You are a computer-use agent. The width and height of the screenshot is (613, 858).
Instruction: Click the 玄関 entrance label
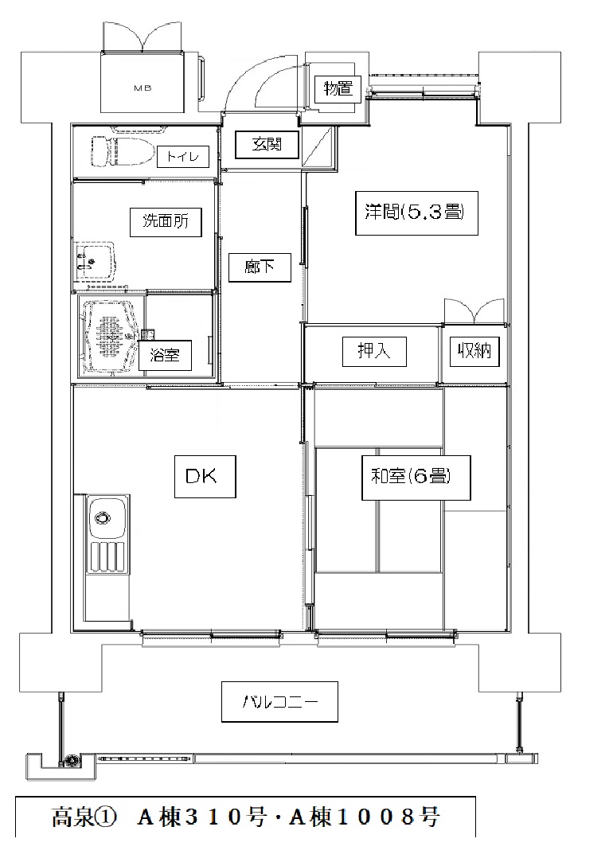[267, 145]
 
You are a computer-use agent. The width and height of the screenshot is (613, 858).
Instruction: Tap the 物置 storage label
[338, 88]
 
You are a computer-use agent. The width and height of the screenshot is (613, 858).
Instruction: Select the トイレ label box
[183, 157]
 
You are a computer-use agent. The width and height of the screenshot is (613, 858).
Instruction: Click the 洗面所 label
[166, 221]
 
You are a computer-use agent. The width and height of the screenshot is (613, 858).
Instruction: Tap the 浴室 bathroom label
[164, 355]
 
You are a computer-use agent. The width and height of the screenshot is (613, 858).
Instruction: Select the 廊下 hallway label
[259, 267]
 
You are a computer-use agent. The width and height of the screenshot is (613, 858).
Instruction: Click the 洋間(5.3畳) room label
[416, 213]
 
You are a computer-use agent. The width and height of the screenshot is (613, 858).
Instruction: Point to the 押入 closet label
[374, 351]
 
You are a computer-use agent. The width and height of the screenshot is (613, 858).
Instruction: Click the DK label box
[205, 476]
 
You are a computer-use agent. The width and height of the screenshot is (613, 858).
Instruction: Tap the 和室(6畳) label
[416, 478]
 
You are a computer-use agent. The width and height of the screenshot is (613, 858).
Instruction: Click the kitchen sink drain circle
[102, 517]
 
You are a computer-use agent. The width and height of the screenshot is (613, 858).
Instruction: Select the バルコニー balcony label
[279, 701]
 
